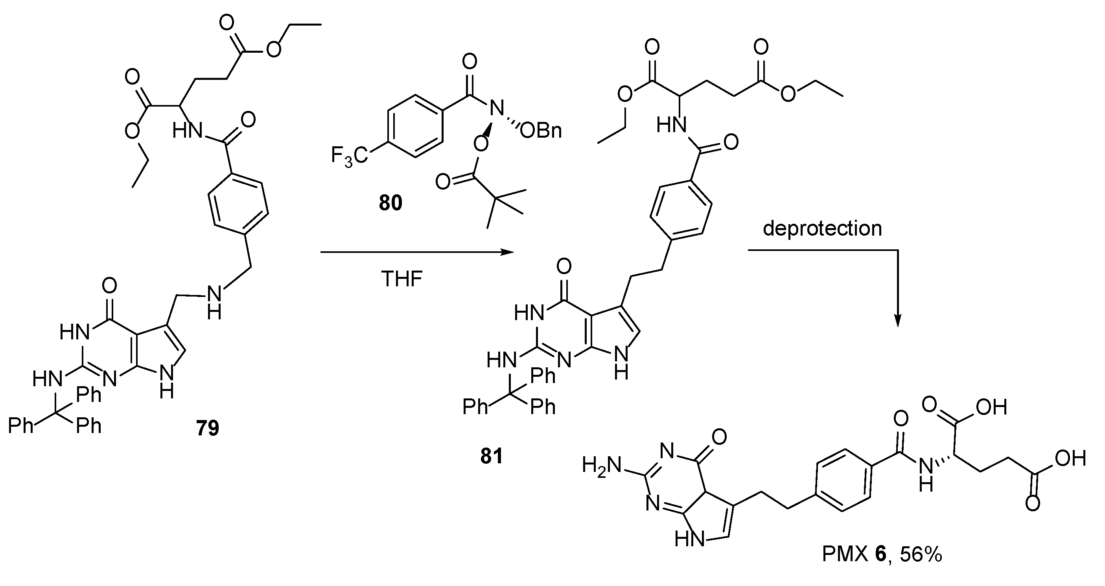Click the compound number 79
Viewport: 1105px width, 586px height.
coord(208,428)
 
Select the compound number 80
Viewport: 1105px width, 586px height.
coord(390,203)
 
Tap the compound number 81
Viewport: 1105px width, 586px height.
coord(491,457)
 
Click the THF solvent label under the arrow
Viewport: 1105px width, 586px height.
coord(401,279)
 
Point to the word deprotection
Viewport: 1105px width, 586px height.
coord(822,228)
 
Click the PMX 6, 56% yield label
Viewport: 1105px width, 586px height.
coord(882,554)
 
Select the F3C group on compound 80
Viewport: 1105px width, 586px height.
coord(349,156)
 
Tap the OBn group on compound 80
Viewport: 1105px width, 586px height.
coord(540,131)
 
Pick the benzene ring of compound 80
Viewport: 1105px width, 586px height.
coord(415,126)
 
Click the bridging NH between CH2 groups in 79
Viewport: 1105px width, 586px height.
coord(214,302)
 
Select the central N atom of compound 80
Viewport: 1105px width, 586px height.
coord(497,108)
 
